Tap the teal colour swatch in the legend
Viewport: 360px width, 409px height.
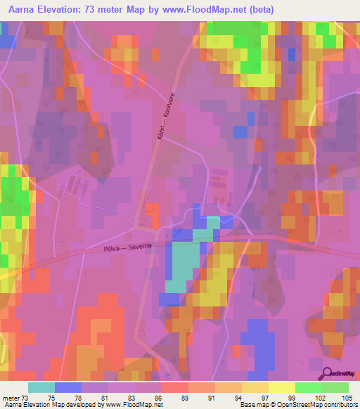(41, 387)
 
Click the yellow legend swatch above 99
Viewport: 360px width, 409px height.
(282, 387)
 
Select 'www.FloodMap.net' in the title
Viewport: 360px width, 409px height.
(206, 9)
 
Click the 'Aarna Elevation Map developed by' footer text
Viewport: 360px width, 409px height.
(53, 405)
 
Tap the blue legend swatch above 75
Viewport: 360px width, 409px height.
(68, 387)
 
